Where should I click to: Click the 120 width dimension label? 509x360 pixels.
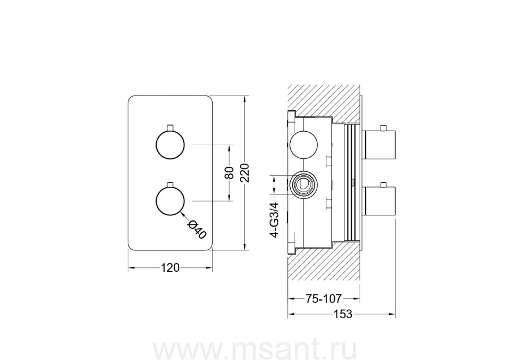pos(170,268)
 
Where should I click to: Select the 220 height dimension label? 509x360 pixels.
pos(245,173)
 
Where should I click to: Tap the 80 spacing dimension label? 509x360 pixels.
pos(229,173)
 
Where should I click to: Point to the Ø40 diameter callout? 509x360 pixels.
pos(197,229)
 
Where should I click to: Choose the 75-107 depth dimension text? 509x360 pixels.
pos(323,298)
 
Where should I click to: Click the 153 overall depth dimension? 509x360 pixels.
pos(343,314)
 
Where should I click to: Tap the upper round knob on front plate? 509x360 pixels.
pos(170,145)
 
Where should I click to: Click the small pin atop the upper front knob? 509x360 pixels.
pos(170,128)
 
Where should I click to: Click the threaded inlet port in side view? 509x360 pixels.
pos(304,185)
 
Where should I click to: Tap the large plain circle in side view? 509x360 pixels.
pos(304,145)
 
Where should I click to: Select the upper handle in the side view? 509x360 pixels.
pos(379,145)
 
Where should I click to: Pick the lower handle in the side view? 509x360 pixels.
pos(379,201)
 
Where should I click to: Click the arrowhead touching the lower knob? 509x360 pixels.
pos(183,214)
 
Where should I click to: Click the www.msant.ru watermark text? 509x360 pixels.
pos(255,350)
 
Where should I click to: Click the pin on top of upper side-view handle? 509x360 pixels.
pos(383,128)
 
